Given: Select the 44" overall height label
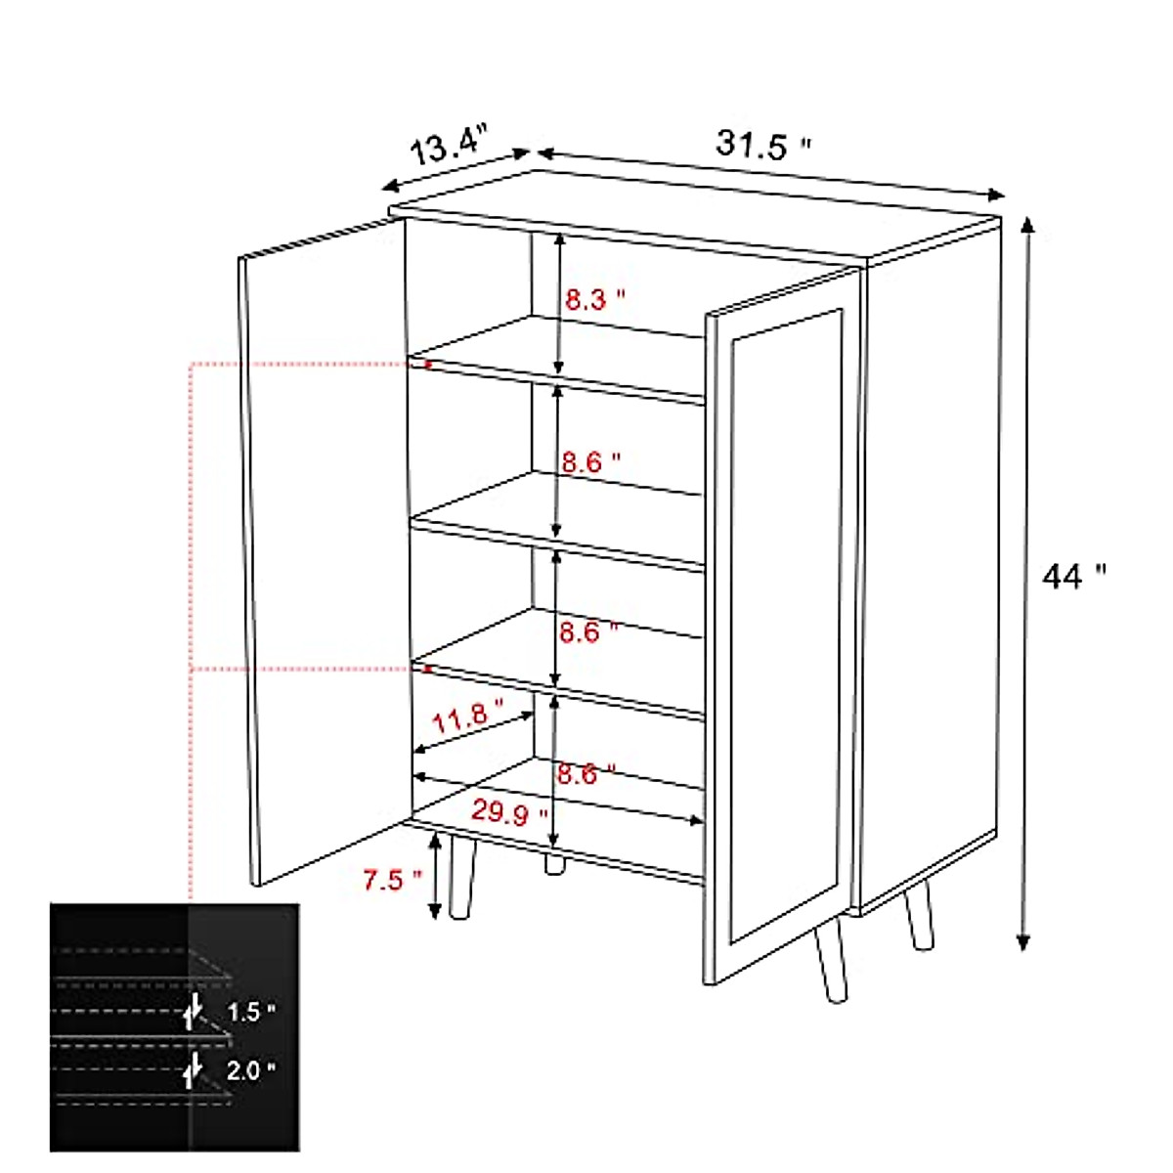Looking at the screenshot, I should (x=1073, y=577).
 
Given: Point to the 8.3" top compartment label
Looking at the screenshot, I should (x=594, y=299).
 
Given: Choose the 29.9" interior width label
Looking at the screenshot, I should (x=509, y=811).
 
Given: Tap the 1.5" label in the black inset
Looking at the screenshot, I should (x=244, y=1012).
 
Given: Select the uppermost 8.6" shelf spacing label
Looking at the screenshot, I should (x=591, y=461).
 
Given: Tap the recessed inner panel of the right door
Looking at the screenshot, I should (x=787, y=626).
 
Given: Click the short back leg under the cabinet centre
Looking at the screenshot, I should (x=555, y=864).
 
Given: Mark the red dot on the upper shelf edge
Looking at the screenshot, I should (x=427, y=365).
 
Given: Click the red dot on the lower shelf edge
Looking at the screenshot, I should (x=426, y=670).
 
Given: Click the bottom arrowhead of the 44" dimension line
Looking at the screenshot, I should (x=1022, y=942).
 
